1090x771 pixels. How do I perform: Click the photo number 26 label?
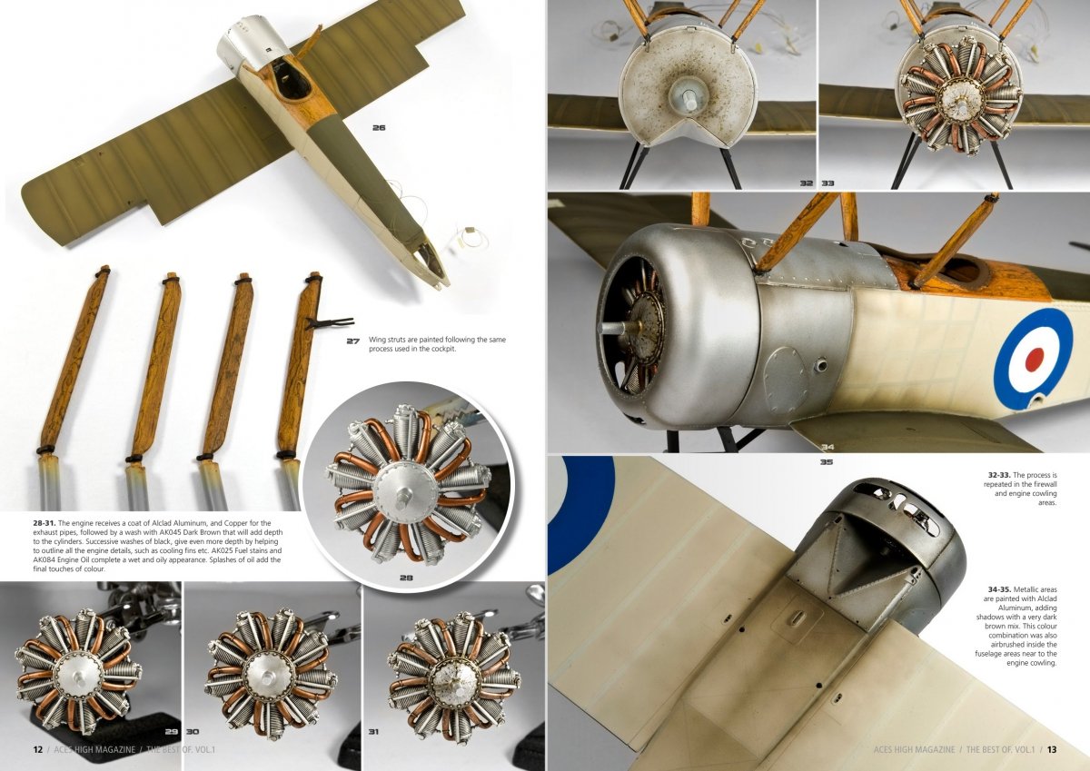point(379,128)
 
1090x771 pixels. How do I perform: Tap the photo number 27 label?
point(352,341)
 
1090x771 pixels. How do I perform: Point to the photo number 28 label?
point(406,578)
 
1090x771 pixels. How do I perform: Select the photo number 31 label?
point(373,732)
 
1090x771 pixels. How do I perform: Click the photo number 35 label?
point(827,462)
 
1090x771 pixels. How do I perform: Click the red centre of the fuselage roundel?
point(1034,359)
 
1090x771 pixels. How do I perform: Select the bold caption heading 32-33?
point(997,475)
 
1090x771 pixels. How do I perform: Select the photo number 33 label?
point(827,183)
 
